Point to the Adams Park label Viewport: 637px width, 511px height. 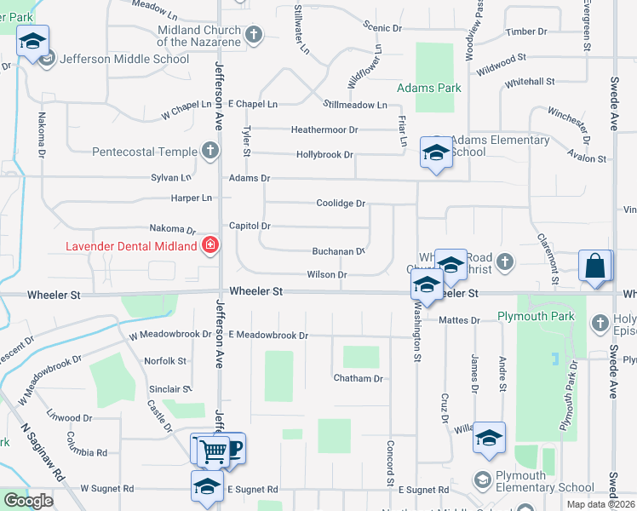coord(429,88)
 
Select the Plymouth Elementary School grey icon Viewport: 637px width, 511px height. coord(484,478)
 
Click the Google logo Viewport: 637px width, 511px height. coord(28,501)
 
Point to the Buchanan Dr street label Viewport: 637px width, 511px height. coord(338,251)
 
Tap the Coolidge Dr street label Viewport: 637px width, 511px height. coord(341,204)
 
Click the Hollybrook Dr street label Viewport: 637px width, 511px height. coord(324,155)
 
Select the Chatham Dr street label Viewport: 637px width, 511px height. coord(359,378)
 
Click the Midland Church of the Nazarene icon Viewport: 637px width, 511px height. coord(253,35)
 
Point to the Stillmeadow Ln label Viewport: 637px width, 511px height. coord(355,105)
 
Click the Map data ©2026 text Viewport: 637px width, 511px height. coord(600,504)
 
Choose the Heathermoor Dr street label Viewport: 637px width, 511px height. coord(324,129)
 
